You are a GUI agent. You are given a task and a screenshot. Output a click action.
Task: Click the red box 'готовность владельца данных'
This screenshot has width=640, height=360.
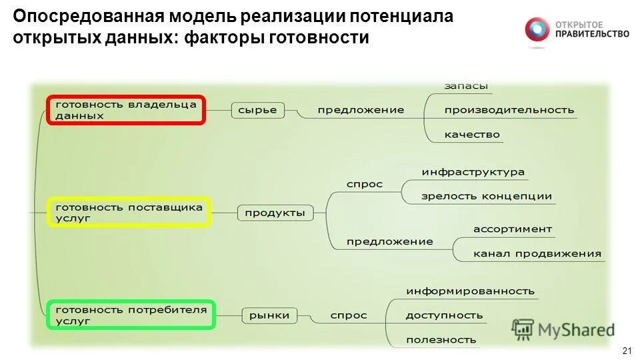(x=126, y=110)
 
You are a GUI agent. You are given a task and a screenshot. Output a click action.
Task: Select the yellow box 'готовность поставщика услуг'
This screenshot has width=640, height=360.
(x=129, y=212)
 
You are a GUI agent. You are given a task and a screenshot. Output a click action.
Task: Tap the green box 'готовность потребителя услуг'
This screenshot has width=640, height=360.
(x=131, y=315)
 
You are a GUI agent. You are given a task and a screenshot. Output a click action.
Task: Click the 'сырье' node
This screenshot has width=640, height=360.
(x=257, y=110)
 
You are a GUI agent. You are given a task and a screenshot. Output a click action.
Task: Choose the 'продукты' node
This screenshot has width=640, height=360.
(x=275, y=213)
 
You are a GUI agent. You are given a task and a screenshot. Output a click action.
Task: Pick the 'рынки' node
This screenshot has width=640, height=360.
(x=269, y=315)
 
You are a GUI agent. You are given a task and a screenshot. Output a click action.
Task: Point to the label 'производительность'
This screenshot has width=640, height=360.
(x=509, y=110)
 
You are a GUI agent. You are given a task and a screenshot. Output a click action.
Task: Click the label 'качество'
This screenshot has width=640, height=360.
(x=472, y=135)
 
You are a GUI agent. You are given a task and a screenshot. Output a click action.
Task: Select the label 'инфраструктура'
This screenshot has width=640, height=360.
(x=473, y=172)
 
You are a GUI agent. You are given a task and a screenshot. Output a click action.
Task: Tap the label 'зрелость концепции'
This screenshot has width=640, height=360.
(x=487, y=196)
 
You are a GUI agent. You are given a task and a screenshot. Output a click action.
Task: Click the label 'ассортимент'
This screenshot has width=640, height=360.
(x=513, y=229)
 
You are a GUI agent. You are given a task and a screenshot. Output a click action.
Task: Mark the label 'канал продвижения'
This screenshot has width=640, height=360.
(x=537, y=253)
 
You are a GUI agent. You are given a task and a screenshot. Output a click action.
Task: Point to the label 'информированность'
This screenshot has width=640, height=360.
(x=470, y=291)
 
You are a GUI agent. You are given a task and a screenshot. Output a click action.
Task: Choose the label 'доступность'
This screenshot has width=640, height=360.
(x=443, y=315)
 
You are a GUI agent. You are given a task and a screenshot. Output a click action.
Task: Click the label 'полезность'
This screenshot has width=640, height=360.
(x=441, y=339)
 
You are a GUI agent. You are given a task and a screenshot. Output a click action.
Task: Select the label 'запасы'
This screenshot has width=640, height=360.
(x=466, y=86)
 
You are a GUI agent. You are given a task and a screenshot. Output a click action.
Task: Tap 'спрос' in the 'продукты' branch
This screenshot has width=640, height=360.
(x=364, y=184)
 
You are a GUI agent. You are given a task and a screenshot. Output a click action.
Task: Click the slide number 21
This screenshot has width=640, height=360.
(x=626, y=351)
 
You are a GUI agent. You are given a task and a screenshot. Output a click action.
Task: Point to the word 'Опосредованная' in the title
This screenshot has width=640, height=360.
(x=69, y=17)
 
